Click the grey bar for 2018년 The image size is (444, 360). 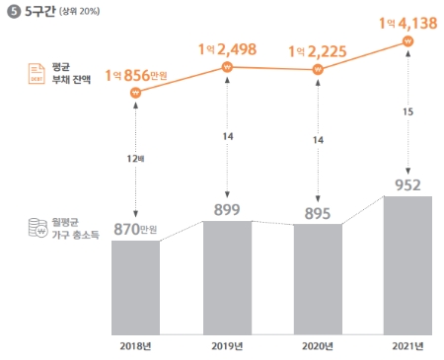click(x=135, y=287)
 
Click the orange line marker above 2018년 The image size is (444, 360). click(x=135, y=94)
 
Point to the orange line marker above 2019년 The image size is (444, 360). click(x=227, y=67)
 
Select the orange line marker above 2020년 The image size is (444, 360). click(x=318, y=70)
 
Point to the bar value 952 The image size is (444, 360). click(x=407, y=183)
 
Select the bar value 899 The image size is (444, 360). click(x=227, y=209)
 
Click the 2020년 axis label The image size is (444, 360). click(x=318, y=345)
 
